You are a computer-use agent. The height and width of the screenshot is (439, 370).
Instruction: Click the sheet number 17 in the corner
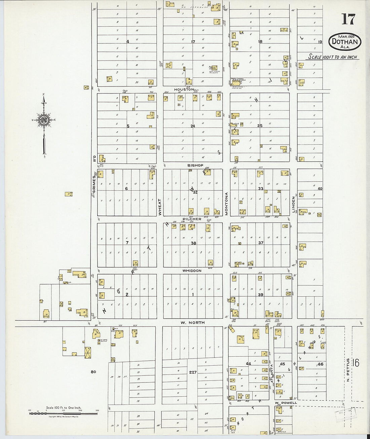click(348, 20)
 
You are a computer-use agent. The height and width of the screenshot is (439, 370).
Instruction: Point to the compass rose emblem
click(44, 120)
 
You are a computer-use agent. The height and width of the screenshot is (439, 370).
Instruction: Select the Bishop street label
click(195, 165)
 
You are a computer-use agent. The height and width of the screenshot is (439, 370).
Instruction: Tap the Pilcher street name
click(192, 219)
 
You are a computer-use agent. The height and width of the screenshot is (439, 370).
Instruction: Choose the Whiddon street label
click(192, 270)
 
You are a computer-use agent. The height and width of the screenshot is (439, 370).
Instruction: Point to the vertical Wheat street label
click(160, 207)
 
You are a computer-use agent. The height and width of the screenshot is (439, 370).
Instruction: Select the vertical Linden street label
click(293, 205)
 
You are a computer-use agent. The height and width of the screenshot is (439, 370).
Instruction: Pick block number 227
click(193, 372)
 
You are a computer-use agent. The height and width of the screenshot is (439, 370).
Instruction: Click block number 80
click(93, 372)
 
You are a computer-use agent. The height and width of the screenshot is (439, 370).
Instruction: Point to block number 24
click(193, 126)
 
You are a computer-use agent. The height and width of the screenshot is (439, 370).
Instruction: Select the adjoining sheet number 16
click(356, 363)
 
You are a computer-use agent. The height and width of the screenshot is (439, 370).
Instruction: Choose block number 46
click(320, 364)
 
